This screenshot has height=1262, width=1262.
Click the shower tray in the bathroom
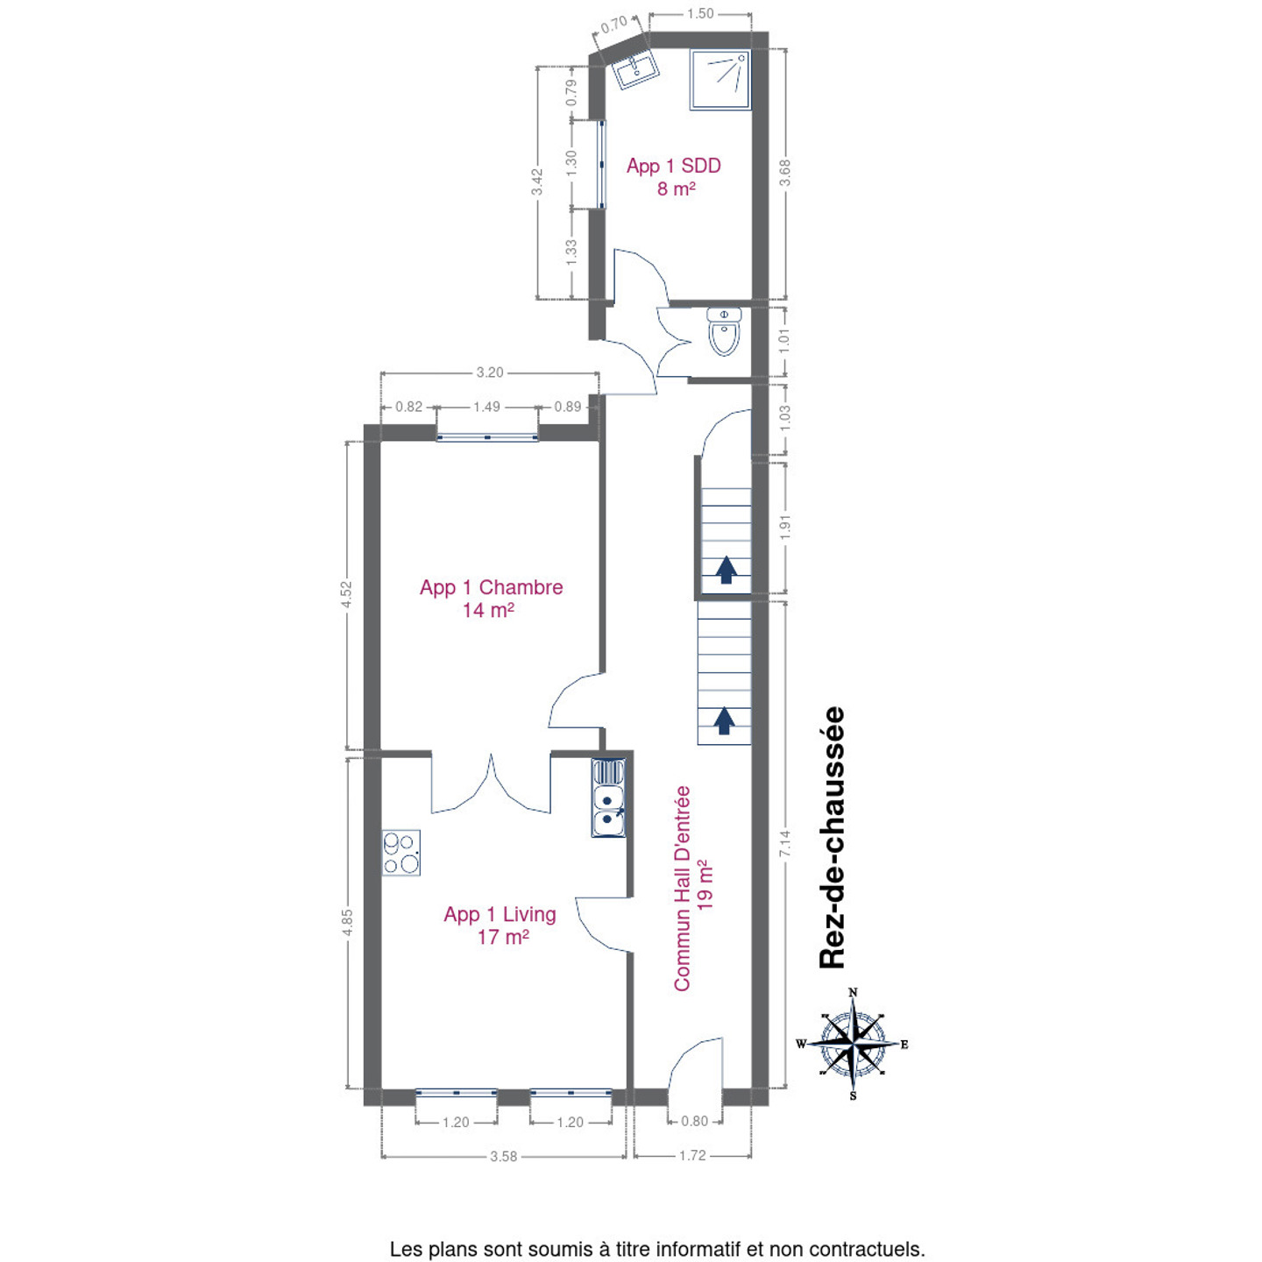click(720, 79)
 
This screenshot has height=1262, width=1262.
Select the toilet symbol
click(724, 331)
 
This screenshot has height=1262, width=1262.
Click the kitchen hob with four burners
click(401, 853)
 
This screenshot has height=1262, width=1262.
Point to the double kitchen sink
click(608, 797)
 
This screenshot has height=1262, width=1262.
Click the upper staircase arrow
click(725, 569)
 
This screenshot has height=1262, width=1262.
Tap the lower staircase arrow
click(724, 720)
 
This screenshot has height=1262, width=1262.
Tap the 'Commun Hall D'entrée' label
click(683, 889)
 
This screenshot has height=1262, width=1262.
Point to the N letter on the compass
click(853, 992)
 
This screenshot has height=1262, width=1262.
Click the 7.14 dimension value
click(785, 843)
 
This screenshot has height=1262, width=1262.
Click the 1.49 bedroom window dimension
click(486, 407)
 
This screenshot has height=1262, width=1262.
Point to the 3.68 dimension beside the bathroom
click(785, 173)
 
